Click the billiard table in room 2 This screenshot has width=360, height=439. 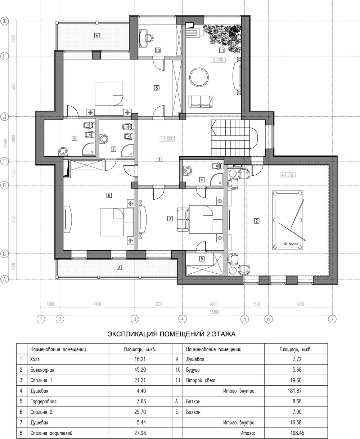pyautogui.click(x=287, y=220)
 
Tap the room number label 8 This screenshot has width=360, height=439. pyautogui.click(x=157, y=88)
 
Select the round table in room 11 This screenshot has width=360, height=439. pyautogui.click(x=199, y=77)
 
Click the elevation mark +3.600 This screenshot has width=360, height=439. pyautogui.click(x=167, y=139)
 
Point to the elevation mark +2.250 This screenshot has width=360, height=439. pyautogui.click(x=288, y=175)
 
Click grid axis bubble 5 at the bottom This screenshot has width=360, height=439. pyautogui.click(x=244, y=319)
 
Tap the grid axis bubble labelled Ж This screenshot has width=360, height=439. pyautogui.click(x=4, y=21)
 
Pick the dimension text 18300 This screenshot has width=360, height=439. pyautogui.click(x=214, y=312)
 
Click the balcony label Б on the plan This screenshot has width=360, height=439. pyautogui.click(x=96, y=36)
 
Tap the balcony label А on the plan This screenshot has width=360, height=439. pyautogui.click(x=119, y=267)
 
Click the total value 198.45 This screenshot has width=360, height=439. pyautogui.click(x=297, y=433)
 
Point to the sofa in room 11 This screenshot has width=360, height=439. pyautogui.click(x=201, y=102)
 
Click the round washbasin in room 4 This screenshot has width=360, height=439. pyautogui.click(x=188, y=171)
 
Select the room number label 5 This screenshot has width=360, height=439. pyautogui.click(x=202, y=259)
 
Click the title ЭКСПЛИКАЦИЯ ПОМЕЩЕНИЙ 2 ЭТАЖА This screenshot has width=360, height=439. pyautogui.click(x=171, y=334)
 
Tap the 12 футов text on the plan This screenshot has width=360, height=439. pyautogui.click(x=291, y=244)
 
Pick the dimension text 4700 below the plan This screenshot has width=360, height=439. pyautogui.click(x=97, y=304)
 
